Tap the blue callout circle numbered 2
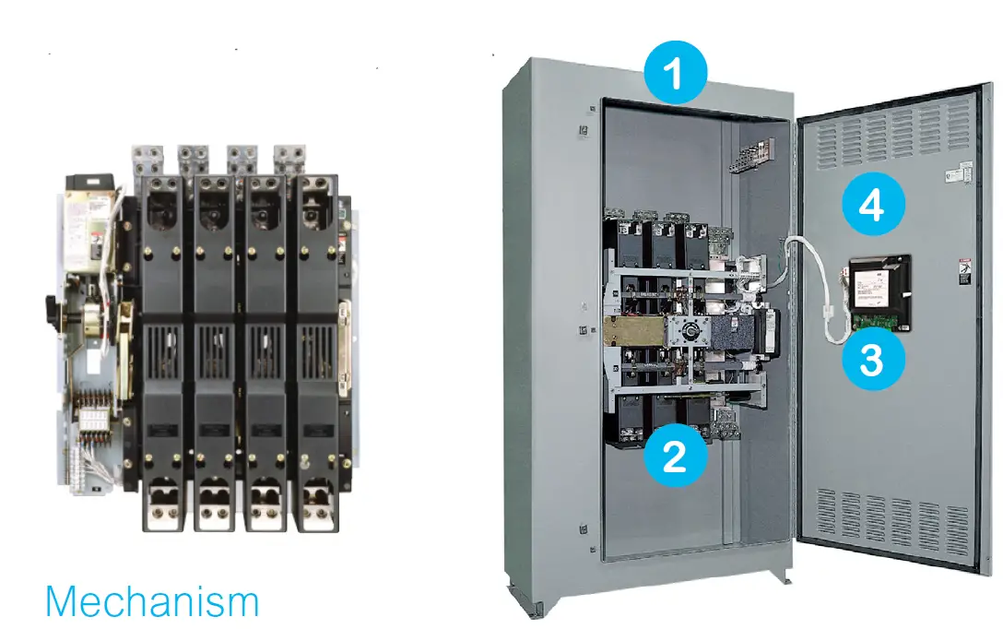[x=675, y=457]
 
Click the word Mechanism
[x=152, y=601]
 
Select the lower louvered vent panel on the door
[x=891, y=522]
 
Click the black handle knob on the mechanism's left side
[x=50, y=305]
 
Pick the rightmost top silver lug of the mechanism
[x=289, y=156]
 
